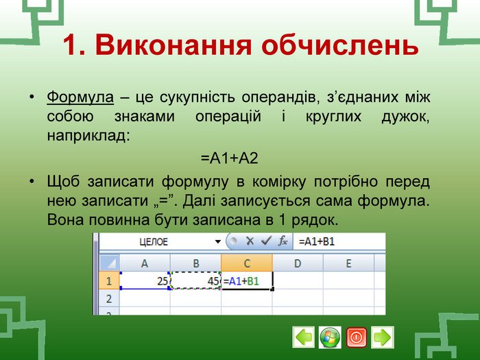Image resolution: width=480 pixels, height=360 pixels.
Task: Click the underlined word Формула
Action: [x=80, y=97]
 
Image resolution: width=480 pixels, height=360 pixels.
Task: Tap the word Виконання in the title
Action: [x=173, y=45]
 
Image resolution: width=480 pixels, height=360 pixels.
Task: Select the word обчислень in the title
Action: [x=340, y=45]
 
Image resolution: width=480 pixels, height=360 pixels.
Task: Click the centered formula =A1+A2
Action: [x=230, y=158]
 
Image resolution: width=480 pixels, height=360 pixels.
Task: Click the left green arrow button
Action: [x=303, y=337]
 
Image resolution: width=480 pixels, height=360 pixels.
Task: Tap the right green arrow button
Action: [x=383, y=337]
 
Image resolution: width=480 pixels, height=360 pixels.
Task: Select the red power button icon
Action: [x=356, y=337]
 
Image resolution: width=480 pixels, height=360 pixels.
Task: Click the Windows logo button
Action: [x=330, y=337]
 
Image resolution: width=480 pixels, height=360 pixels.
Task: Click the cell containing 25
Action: [x=145, y=280]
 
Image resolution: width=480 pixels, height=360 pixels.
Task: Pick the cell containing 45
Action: [x=195, y=280]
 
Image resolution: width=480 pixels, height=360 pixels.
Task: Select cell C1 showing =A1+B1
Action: [x=247, y=280]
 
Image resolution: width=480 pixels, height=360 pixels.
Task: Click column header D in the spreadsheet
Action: [x=298, y=263]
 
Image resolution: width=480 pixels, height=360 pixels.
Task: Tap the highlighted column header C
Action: [x=247, y=263]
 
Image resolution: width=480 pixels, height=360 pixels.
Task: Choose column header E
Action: [x=348, y=263]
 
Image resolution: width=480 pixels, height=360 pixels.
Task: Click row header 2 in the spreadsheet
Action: [x=109, y=298]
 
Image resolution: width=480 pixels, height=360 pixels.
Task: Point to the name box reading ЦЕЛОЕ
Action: [x=154, y=242]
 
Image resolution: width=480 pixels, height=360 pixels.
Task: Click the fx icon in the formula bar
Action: [x=283, y=241]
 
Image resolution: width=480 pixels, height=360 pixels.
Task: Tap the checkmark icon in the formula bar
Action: [x=266, y=241]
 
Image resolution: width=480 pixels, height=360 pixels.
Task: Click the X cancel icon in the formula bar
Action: [x=250, y=241]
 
